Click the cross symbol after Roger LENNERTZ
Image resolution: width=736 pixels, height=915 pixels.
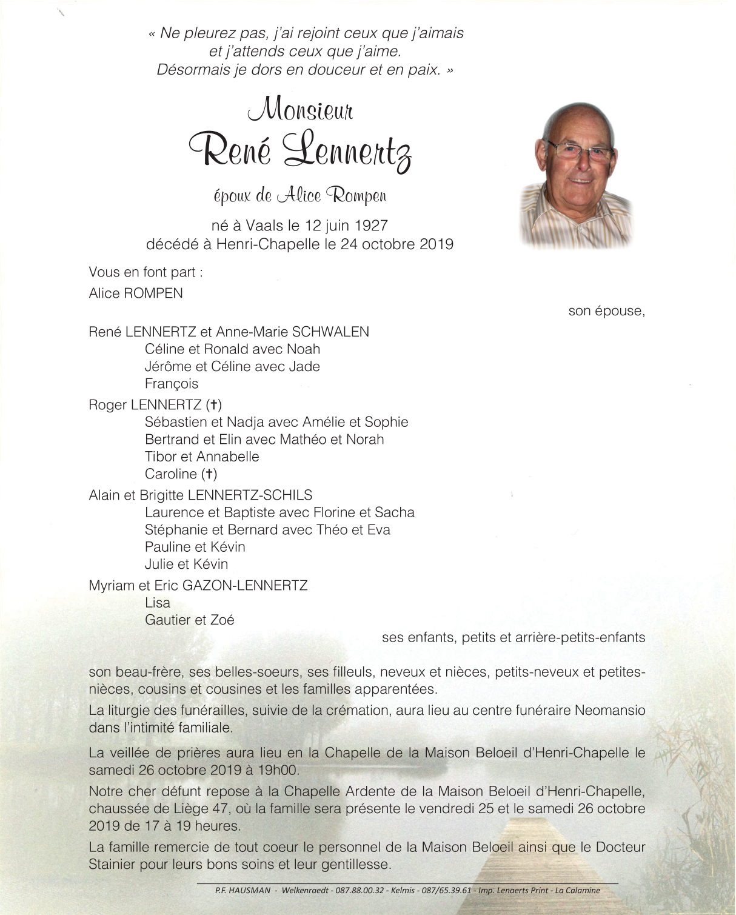pyautogui.click(x=213, y=405)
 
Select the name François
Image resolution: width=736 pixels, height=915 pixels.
pyautogui.click(x=172, y=384)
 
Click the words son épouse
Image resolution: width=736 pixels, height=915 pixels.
pyautogui.click(x=606, y=311)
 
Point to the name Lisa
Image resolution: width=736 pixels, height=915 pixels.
pyautogui.click(x=158, y=603)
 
